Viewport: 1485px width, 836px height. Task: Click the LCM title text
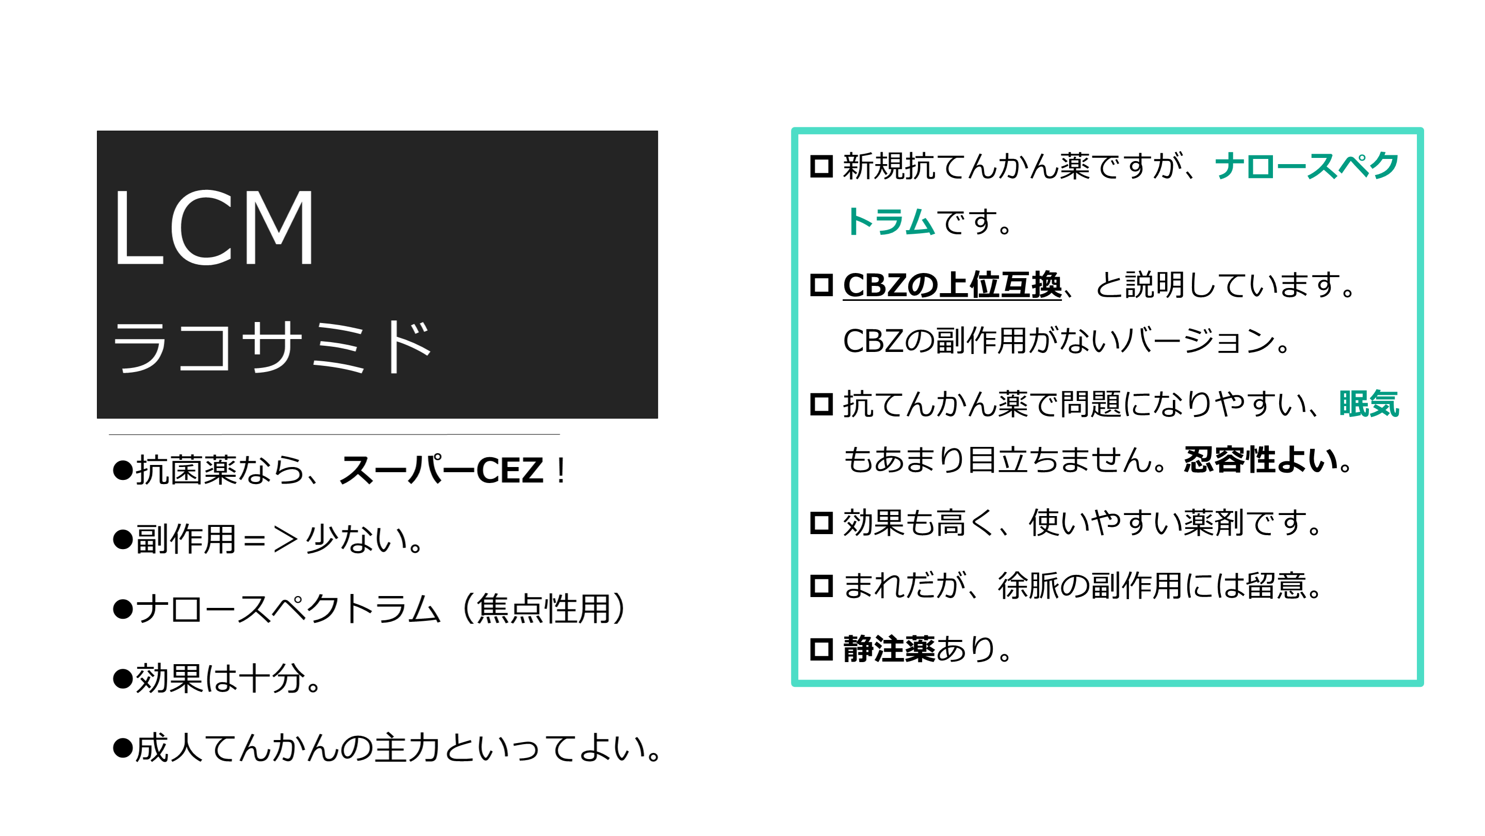click(x=214, y=228)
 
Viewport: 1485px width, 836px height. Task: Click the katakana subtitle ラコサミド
click(x=272, y=346)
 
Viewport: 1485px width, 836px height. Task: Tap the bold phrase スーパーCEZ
click(x=442, y=471)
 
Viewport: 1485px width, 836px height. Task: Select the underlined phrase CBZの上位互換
click(x=952, y=285)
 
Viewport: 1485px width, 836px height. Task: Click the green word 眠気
click(x=1369, y=404)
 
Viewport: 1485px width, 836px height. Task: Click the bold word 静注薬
click(x=889, y=649)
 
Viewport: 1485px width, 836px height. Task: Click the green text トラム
click(x=889, y=222)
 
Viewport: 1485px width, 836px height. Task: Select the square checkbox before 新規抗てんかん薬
click(x=821, y=167)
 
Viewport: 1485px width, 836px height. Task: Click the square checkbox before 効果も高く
click(x=821, y=523)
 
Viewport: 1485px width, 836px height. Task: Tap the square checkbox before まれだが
click(x=821, y=586)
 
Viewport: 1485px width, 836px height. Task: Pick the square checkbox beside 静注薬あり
click(x=821, y=649)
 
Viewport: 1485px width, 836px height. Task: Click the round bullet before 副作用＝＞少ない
click(x=123, y=540)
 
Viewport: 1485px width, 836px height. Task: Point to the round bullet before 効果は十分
click(x=123, y=679)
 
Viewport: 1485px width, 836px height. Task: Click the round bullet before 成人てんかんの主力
click(x=123, y=748)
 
